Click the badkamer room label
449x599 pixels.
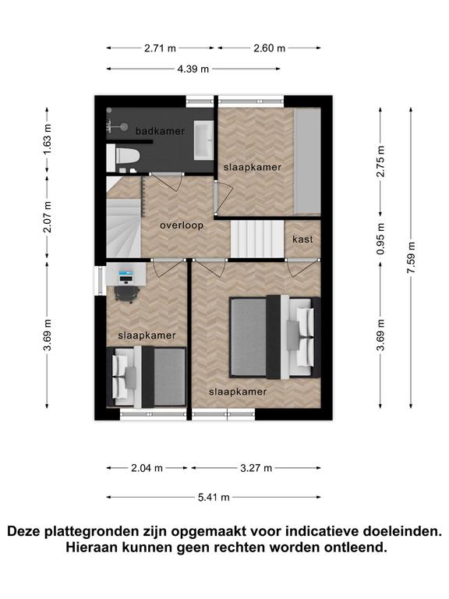coord(160,131)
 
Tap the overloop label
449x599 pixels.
coord(182,225)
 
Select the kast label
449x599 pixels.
coord(302,239)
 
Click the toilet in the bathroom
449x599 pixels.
coord(123,157)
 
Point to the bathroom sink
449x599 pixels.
coord(203,140)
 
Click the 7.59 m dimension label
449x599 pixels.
coord(411,258)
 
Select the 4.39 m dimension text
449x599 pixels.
coord(193,69)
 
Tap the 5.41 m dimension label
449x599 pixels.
coord(214,498)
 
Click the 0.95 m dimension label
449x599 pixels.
coord(380,239)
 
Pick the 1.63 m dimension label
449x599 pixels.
coord(47,140)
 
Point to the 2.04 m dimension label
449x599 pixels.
coord(147,468)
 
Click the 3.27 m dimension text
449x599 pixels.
coord(256,468)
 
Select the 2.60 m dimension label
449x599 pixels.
coord(270,48)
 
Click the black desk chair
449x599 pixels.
coord(126,294)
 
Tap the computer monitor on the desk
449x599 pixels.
coord(126,274)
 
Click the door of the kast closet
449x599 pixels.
coord(302,268)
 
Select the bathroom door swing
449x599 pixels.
coord(168,182)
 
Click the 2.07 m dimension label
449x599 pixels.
coord(47,217)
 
